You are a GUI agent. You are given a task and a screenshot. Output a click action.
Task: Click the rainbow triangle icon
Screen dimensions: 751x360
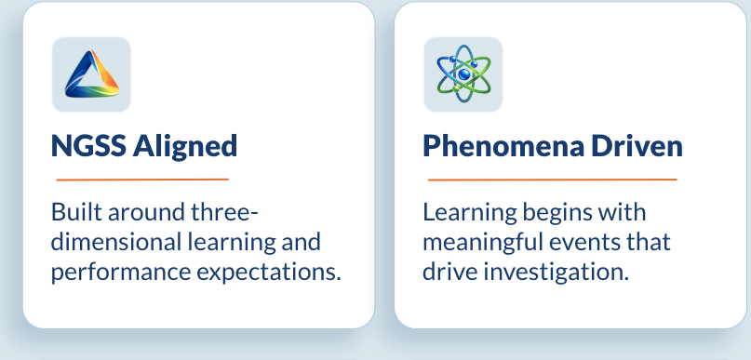pos(91,74)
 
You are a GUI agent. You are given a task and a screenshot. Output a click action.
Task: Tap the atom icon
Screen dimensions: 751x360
pos(463,73)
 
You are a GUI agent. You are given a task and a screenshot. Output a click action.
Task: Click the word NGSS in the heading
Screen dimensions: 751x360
pos(88,145)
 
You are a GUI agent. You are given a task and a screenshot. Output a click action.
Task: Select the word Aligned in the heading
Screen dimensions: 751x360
pos(185,146)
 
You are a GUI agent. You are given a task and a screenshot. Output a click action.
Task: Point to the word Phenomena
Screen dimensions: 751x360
pos(503,145)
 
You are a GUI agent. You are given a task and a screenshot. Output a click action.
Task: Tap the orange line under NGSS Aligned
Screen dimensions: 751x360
pos(142,180)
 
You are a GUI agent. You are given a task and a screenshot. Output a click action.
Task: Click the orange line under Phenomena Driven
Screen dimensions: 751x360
pos(552,180)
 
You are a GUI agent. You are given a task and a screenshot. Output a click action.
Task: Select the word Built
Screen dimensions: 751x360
pos(76,211)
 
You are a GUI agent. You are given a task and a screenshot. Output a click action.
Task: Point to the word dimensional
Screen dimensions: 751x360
pos(115,242)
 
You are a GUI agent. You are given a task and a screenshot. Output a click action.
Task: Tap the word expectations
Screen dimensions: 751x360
pos(269,273)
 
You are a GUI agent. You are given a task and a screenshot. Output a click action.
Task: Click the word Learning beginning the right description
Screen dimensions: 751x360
pos(470,212)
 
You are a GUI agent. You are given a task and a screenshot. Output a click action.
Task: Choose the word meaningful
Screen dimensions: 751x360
pos(483,242)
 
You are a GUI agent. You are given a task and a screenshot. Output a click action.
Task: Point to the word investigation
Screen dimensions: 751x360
pos(556,273)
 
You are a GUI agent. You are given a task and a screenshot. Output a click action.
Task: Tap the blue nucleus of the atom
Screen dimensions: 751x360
pos(463,74)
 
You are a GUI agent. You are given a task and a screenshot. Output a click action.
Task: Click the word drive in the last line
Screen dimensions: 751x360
pos(449,273)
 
